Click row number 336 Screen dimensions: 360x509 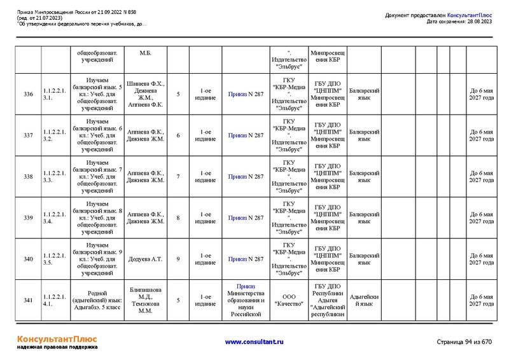(28, 94)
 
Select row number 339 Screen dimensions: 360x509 (28, 218)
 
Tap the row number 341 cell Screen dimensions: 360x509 (28, 300)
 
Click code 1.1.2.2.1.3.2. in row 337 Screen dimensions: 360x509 (55, 135)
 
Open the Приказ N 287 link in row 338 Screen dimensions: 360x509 (246, 176)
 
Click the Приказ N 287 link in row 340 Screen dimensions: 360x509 (246, 259)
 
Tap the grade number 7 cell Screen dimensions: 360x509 (178, 176)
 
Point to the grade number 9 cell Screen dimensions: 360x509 (178, 259)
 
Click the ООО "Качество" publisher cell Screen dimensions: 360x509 (289, 300)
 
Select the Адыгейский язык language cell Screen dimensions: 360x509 (365, 300)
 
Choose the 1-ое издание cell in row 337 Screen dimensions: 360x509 (205, 135)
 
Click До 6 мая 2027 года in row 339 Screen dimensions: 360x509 (481, 218)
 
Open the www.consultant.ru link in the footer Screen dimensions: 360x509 (254, 342)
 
